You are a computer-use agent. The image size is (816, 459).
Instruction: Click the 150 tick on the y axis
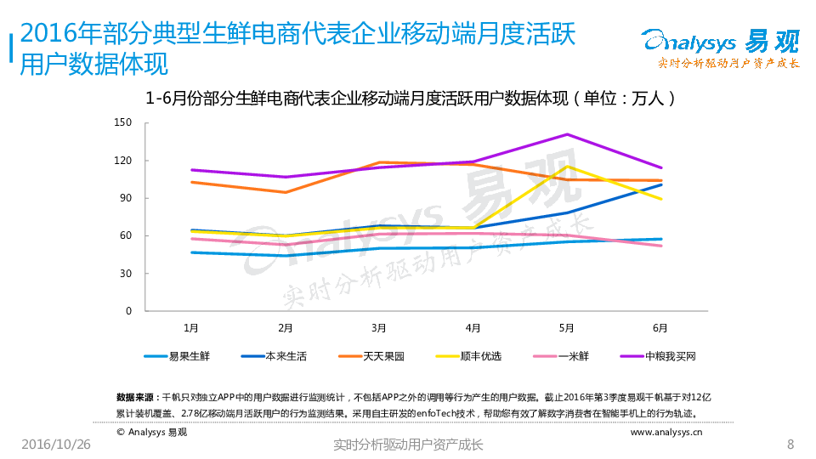tap(123, 123)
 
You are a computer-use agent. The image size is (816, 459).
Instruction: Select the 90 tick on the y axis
tap(126, 198)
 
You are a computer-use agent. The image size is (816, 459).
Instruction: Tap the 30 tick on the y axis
tap(126, 274)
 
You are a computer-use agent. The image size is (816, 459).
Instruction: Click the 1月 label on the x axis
tap(192, 326)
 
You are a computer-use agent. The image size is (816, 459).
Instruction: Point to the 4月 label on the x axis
tap(473, 326)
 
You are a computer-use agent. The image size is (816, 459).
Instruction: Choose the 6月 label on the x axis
tap(660, 326)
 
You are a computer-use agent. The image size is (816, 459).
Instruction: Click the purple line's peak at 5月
tap(566, 134)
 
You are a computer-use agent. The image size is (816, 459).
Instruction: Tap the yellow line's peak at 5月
tap(566, 166)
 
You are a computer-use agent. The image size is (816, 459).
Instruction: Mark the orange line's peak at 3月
tap(379, 162)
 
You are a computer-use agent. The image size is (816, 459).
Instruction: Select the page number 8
tap(790, 445)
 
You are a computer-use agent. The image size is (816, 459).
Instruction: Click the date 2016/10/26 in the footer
tap(55, 445)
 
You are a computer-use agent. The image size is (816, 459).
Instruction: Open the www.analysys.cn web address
tap(666, 432)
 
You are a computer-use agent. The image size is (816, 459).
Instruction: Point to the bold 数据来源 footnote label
tap(134, 397)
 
